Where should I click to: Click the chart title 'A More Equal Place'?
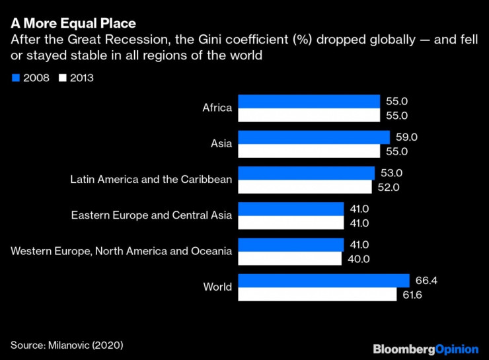(x=73, y=24)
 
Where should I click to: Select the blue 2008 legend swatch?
(x=15, y=77)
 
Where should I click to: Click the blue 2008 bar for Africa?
(x=309, y=101)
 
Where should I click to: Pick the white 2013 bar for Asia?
(x=309, y=151)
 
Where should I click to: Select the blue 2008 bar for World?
(x=323, y=281)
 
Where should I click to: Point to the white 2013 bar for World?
(x=317, y=294)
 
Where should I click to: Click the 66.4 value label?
(x=427, y=281)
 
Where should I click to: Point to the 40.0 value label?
(x=359, y=258)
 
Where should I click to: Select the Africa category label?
(x=217, y=108)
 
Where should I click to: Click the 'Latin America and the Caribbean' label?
(x=151, y=179)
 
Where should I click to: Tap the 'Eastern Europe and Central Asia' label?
(x=152, y=215)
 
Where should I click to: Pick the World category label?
(x=217, y=287)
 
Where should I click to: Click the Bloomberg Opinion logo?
(x=425, y=348)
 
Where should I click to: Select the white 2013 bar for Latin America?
(x=306, y=187)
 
